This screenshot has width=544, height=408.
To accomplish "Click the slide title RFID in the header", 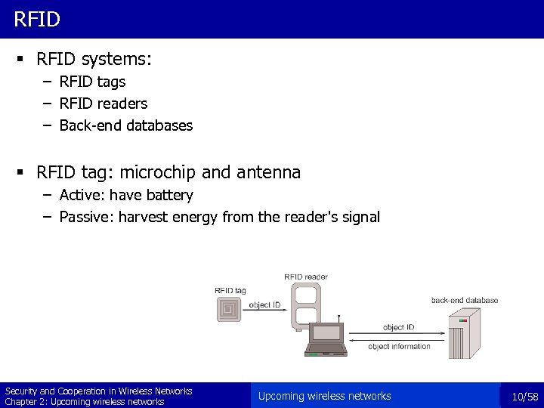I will (x=36, y=19).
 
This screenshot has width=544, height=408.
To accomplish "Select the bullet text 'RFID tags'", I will (x=92, y=82).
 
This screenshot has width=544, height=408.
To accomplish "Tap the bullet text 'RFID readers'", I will (x=103, y=104).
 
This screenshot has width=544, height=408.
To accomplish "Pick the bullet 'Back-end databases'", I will (x=125, y=125).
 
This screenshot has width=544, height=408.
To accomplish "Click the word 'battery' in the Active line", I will (x=169, y=196).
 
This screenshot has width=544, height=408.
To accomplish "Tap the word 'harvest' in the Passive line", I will (x=140, y=218).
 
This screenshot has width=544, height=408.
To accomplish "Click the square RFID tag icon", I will (x=230, y=308).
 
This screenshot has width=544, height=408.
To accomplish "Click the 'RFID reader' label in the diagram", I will (x=306, y=277).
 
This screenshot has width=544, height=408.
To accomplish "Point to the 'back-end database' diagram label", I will (x=465, y=300).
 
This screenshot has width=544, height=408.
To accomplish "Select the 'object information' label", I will (x=400, y=347).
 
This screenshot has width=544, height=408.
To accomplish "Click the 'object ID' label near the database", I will (x=398, y=327).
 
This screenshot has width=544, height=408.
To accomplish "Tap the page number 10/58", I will (x=524, y=397).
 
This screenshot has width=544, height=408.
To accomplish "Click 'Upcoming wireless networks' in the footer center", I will (x=324, y=396).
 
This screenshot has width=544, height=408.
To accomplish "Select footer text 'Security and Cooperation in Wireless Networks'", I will (x=98, y=391).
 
